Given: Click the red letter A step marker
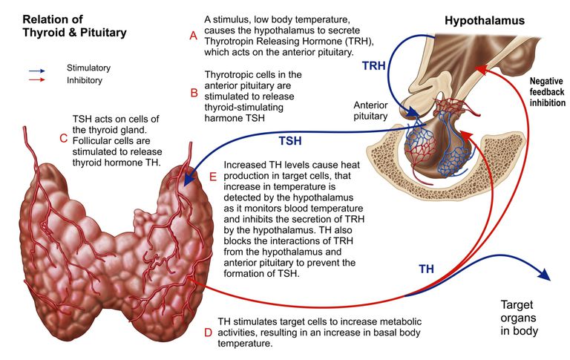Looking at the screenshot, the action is (x=194, y=36).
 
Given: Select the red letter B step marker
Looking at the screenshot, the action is (x=194, y=93).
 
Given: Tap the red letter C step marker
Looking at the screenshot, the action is (x=64, y=138).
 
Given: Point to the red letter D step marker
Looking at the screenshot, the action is (x=208, y=333).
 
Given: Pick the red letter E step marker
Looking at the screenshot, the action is (x=213, y=177).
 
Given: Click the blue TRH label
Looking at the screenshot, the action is (x=374, y=66).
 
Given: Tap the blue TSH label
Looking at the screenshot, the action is (x=290, y=141).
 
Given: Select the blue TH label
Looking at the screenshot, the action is (x=427, y=269).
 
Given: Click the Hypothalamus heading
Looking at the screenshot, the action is (x=485, y=20).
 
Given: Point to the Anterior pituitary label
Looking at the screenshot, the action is (x=370, y=111).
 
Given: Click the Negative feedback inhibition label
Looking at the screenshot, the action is (x=547, y=92).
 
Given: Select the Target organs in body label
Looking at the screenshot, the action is (x=519, y=318).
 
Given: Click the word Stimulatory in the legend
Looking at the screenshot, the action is (x=88, y=68).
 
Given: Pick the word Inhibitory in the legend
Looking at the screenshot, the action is (x=85, y=80).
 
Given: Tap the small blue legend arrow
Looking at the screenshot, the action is (x=37, y=71).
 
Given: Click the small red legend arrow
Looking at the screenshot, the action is (x=37, y=79).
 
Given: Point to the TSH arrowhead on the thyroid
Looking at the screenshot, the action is (x=189, y=180).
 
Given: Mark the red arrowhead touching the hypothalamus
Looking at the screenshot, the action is (x=482, y=69).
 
